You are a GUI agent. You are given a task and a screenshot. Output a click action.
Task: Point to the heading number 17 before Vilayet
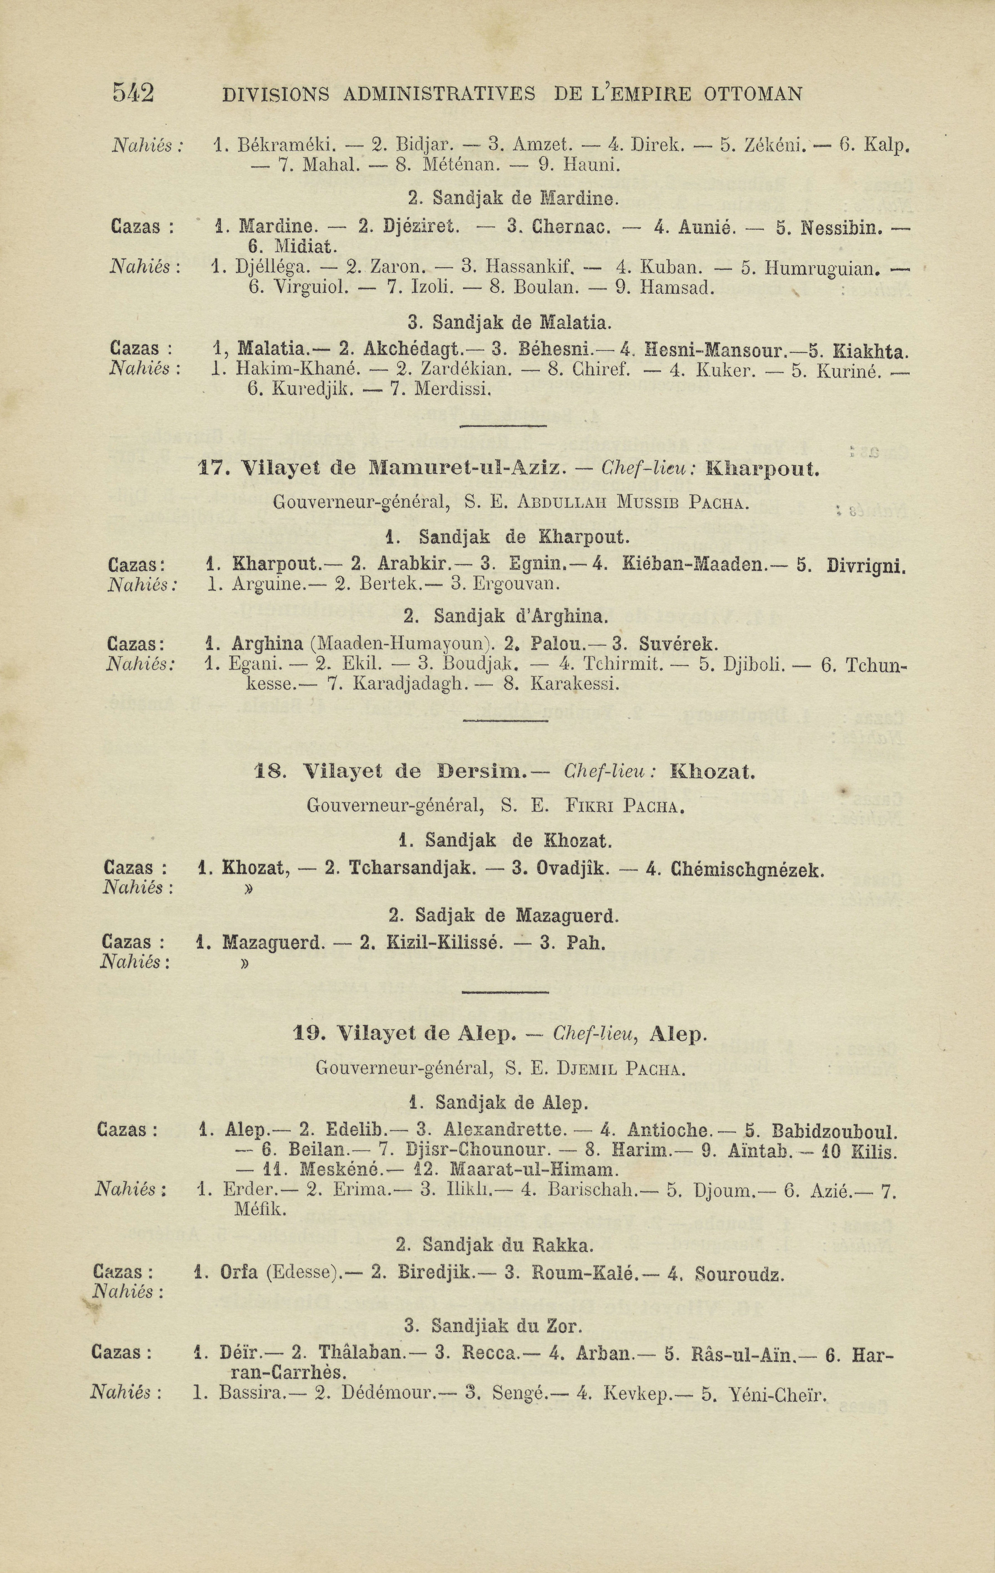click(210, 469)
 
